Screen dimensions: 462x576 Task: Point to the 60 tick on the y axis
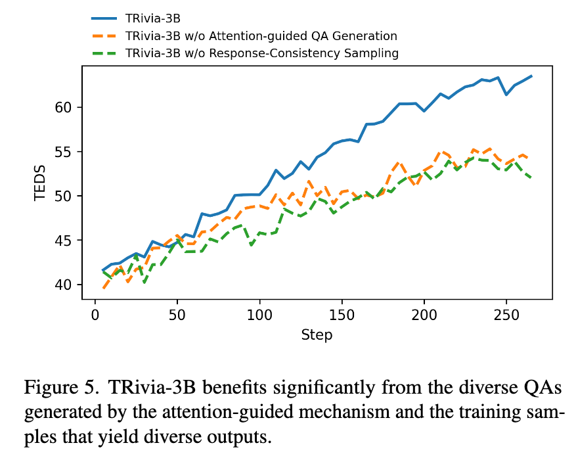[x=65, y=107]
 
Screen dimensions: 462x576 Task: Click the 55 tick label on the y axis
[x=65, y=152]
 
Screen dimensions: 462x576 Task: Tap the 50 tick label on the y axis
[x=65, y=196]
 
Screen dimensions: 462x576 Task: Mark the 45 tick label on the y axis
[x=65, y=241]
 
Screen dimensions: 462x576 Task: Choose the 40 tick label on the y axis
[x=65, y=285]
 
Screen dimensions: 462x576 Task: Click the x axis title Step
[x=317, y=335]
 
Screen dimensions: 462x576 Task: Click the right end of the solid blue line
[x=531, y=76]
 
